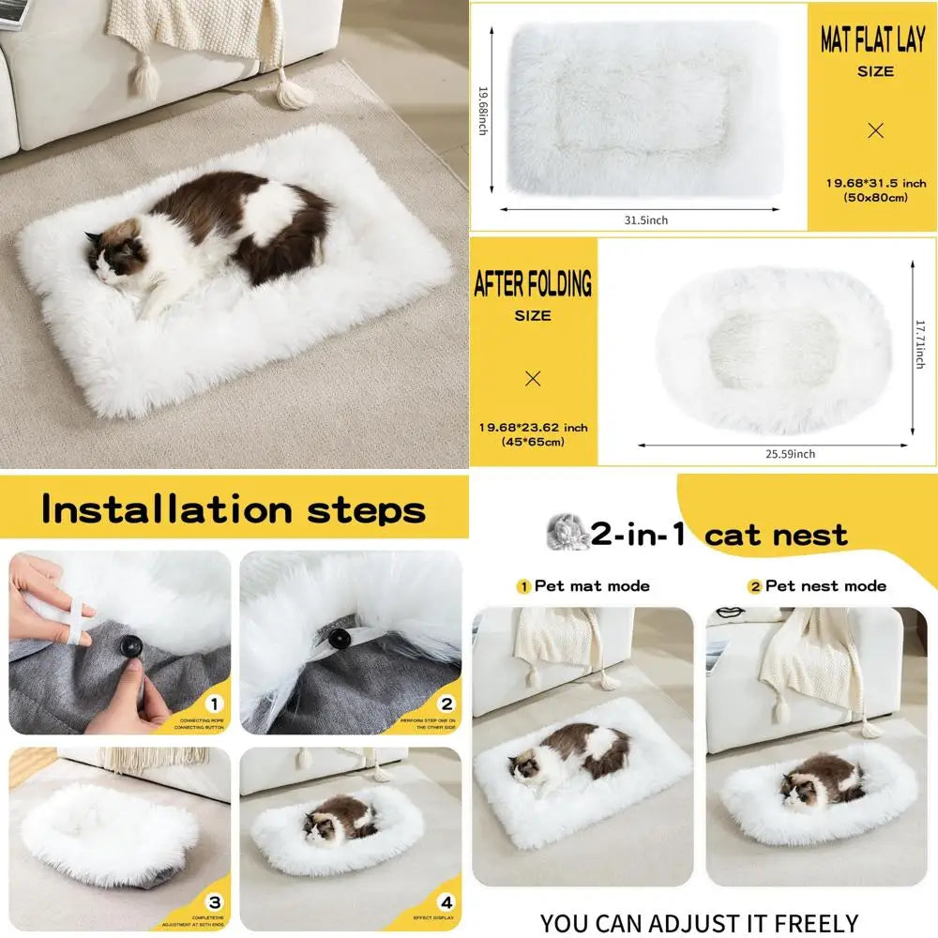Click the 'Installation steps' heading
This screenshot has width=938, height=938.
click(x=233, y=510)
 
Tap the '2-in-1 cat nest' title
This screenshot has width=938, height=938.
click(x=718, y=535)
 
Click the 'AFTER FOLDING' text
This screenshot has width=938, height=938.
click(x=533, y=283)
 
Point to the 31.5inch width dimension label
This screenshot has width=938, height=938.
click(x=645, y=220)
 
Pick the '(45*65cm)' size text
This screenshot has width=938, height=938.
click(x=533, y=442)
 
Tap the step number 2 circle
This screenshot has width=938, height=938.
click(x=446, y=703)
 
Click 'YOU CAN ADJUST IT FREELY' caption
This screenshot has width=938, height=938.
click(x=699, y=923)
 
